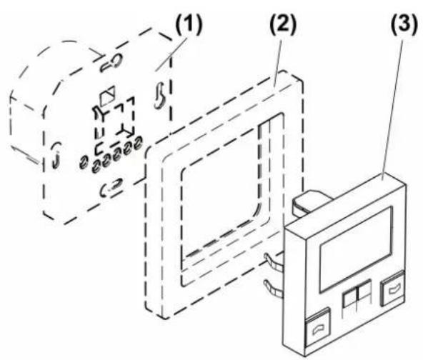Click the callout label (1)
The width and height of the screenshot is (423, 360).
coord(189,25)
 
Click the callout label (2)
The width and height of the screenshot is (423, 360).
coord(283,24)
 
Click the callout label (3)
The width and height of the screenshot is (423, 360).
coord(404,25)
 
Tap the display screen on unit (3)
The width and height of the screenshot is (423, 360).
coord(356,250)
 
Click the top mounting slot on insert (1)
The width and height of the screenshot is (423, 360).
coord(111,63)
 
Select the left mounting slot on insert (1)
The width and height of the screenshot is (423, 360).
coord(56,155)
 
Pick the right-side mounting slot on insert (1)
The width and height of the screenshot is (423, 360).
coord(160,96)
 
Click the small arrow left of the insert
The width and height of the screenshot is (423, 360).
coord(26,155)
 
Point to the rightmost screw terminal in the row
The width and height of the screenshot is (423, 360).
coord(138,143)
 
